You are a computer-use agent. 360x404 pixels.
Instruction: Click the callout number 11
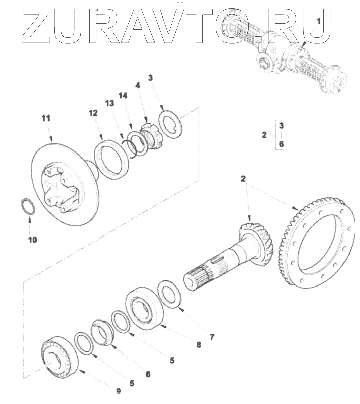pyautogui.click(x=46, y=118)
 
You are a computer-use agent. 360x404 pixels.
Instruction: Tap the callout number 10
pyautogui.click(x=33, y=240)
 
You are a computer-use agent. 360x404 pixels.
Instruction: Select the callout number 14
pyautogui.click(x=123, y=96)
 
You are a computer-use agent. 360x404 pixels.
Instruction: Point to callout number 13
pyautogui.click(x=110, y=103)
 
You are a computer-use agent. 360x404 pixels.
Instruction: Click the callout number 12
pyautogui.click(x=93, y=113)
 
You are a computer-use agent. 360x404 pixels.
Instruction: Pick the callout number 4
pyautogui.click(x=138, y=85)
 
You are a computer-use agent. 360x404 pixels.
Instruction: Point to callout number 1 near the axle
pyautogui.click(x=319, y=21)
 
